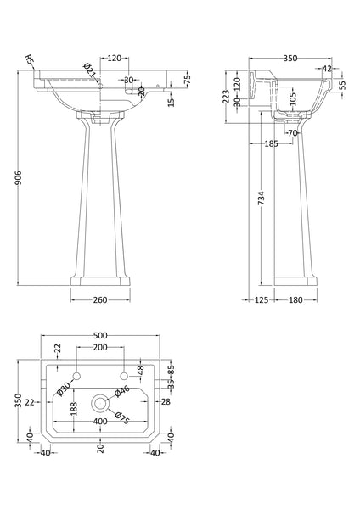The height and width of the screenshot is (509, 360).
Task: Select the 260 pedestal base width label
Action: click(100, 299)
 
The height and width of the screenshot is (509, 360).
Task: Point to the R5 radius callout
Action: click(29, 60)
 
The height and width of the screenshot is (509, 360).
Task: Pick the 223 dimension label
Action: click(225, 99)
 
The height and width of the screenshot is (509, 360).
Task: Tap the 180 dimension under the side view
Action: click(295, 299)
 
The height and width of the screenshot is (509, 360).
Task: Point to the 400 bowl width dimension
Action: click(100, 422)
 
